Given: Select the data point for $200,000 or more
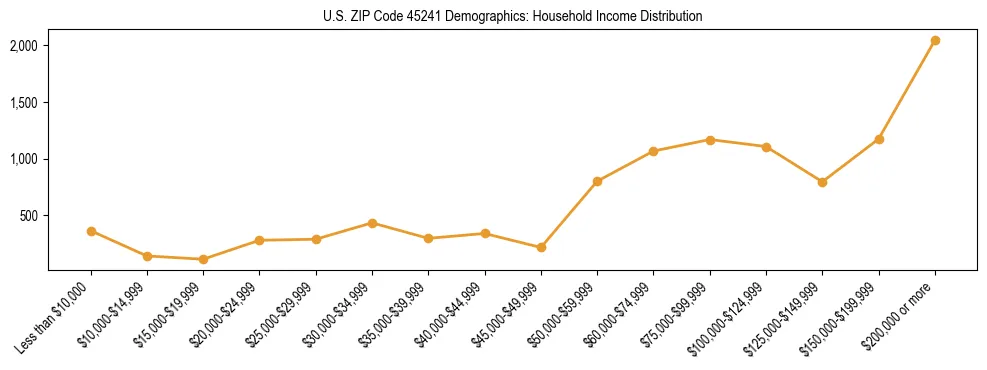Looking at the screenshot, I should coord(935,41).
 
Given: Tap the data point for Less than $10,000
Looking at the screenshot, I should coord(91,231).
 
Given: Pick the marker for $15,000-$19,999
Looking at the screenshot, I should coord(204,259).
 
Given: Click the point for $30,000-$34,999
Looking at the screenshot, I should coord(372,223).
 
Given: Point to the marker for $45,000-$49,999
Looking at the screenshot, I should coord(541,247).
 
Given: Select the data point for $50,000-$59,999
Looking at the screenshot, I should coord(597,181).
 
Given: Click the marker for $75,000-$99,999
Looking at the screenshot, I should coord(710,140).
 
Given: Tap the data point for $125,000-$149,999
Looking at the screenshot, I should coord(822,182).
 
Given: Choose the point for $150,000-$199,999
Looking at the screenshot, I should coord(879,139).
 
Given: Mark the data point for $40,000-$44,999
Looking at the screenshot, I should coord(485,234).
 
